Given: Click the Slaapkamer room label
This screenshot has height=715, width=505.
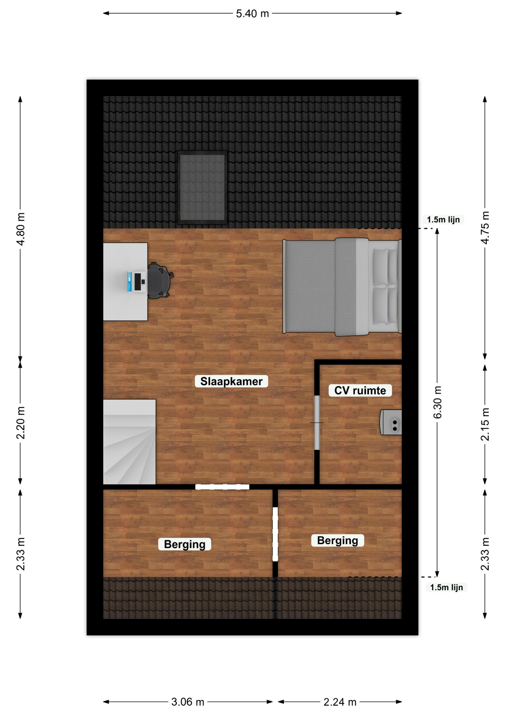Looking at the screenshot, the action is pyautogui.click(x=231, y=381).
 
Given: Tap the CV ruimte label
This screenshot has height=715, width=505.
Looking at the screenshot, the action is pyautogui.click(x=360, y=390).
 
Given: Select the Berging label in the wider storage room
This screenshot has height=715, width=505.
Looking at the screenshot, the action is pyautogui.click(x=184, y=544).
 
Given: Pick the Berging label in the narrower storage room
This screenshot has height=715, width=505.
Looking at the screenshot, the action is pyautogui.click(x=337, y=540).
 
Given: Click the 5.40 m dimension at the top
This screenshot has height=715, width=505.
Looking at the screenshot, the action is pyautogui.click(x=252, y=13).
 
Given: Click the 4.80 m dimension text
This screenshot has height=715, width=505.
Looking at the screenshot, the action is pyautogui.click(x=21, y=229).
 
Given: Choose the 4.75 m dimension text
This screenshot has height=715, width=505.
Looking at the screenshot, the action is pyautogui.click(x=485, y=228).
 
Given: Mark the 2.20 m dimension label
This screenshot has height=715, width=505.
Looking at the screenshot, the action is pyautogui.click(x=21, y=423).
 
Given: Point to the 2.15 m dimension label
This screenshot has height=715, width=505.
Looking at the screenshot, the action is pyautogui.click(x=485, y=425).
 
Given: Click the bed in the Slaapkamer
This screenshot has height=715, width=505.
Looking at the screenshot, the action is pyautogui.click(x=342, y=287).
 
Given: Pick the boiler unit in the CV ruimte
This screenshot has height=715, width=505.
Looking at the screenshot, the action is pyautogui.click(x=390, y=422).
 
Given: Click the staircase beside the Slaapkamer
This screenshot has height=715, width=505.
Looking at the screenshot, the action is pyautogui.click(x=129, y=442).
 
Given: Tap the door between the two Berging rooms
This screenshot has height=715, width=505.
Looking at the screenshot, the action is pyautogui.click(x=275, y=534).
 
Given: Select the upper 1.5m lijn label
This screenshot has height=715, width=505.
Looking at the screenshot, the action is pyautogui.click(x=443, y=220).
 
